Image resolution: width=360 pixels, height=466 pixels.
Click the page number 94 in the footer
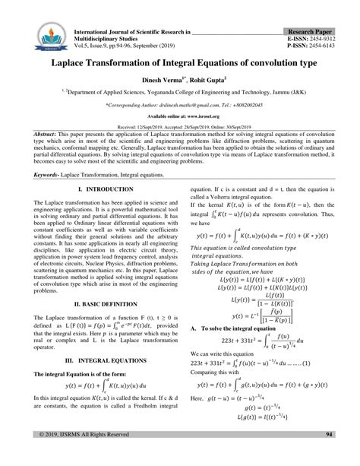click(x=329, y=455)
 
